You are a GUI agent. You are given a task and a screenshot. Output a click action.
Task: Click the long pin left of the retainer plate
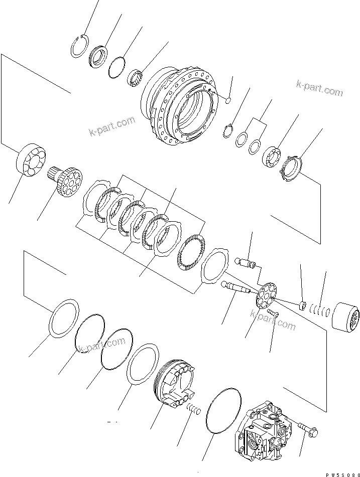tap(239, 288)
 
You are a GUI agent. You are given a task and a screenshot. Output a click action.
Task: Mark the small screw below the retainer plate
tap(274, 314)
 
